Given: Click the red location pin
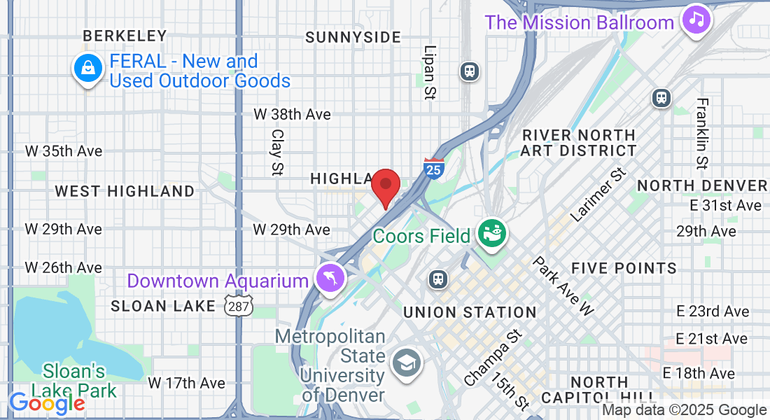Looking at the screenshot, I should point(385,185).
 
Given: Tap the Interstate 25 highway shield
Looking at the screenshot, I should point(434,167).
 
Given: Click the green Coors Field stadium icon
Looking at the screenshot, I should point(491,234).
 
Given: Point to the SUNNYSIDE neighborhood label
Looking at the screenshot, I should point(353,37).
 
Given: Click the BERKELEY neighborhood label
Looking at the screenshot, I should point(125,35).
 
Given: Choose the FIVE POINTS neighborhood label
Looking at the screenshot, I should point(624,268).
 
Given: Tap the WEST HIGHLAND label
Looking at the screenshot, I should point(125,191).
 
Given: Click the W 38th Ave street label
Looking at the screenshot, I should point(292,114).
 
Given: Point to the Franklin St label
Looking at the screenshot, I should point(702,133).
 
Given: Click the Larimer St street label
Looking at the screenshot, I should point(596,195).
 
